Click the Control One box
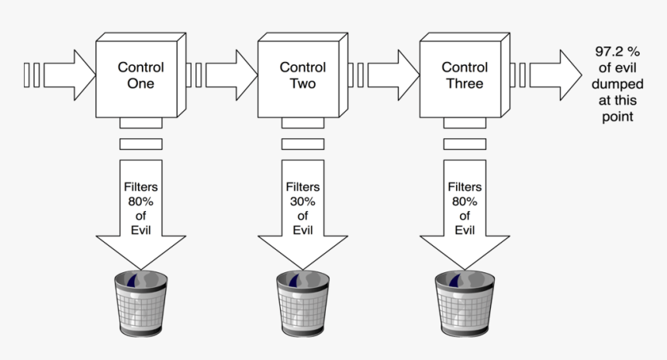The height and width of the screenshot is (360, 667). coord(140,75)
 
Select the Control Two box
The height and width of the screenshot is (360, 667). coord(302,75)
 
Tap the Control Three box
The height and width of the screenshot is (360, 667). coord(465,75)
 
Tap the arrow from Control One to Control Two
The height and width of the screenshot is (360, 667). coord(230,75)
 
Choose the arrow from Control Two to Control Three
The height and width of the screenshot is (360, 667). coord(392,75)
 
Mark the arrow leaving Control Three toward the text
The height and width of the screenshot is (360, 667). coord(555,75)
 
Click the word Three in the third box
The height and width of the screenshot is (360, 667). coord(465,84)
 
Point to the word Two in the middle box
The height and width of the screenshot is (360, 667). coord(302,84)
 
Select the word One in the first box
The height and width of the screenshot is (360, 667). coord(140,84)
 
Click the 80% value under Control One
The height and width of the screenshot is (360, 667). coord(140,202)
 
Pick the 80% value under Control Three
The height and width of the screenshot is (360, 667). coord(465,202)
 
